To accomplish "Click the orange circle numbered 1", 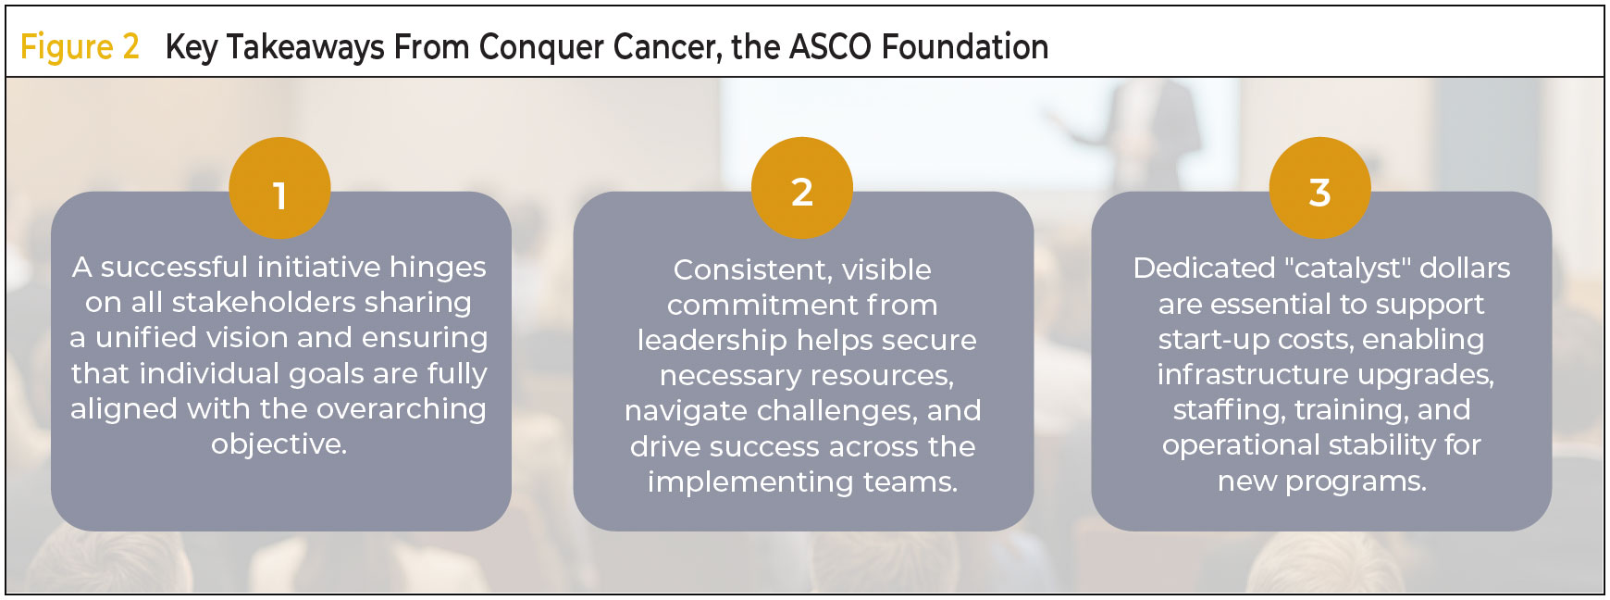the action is click(x=279, y=188).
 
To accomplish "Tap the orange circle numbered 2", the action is click(x=802, y=188).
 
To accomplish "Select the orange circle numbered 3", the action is click(x=1319, y=188).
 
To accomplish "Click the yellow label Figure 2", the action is click(x=80, y=46).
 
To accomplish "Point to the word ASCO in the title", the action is click(x=830, y=46).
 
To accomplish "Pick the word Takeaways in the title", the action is click(x=305, y=47).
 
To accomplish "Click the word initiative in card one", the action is click(x=318, y=267).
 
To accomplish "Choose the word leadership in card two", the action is click(x=712, y=341).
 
